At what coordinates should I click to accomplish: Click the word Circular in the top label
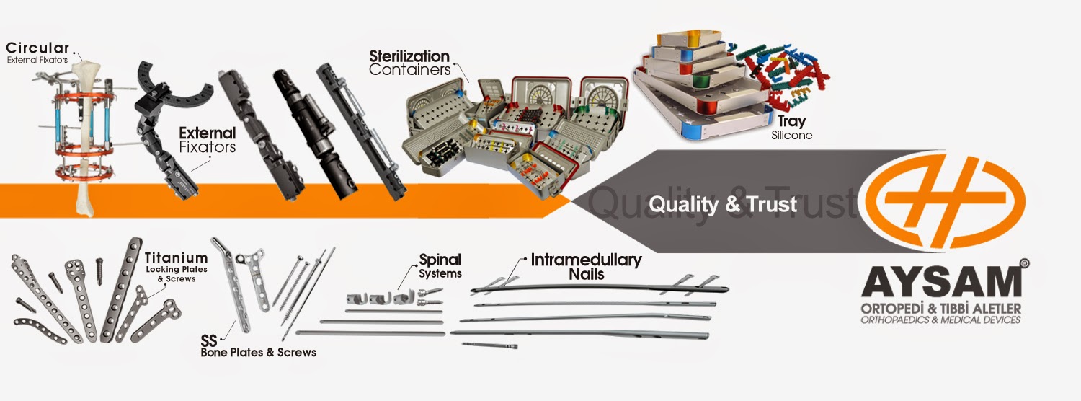click(37, 48)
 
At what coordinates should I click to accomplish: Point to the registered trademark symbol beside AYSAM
click(1025, 265)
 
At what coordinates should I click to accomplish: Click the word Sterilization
click(409, 56)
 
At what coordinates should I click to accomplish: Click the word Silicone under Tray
click(791, 135)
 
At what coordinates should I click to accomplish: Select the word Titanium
click(177, 257)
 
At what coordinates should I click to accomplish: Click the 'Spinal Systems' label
click(440, 266)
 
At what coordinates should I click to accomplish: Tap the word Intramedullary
click(586, 260)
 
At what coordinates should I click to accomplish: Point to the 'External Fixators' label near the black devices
click(207, 140)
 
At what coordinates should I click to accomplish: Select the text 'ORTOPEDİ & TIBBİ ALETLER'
click(941, 309)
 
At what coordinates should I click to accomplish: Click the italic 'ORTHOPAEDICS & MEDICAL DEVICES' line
click(941, 320)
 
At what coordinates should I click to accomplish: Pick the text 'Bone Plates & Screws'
click(258, 353)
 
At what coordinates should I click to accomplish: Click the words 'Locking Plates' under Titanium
click(176, 270)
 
